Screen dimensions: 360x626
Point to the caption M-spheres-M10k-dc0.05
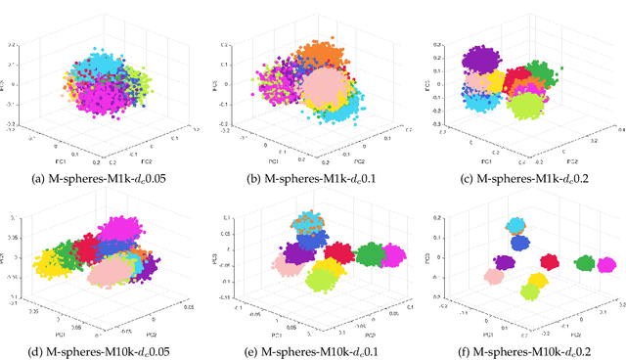(x=107, y=351)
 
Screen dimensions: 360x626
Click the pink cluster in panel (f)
(x=494, y=278)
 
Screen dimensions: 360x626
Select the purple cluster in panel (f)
(x=505, y=262)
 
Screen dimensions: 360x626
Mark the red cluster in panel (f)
(x=551, y=261)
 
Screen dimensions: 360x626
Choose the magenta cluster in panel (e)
(x=394, y=255)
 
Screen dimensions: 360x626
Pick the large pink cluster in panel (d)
(x=105, y=274)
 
